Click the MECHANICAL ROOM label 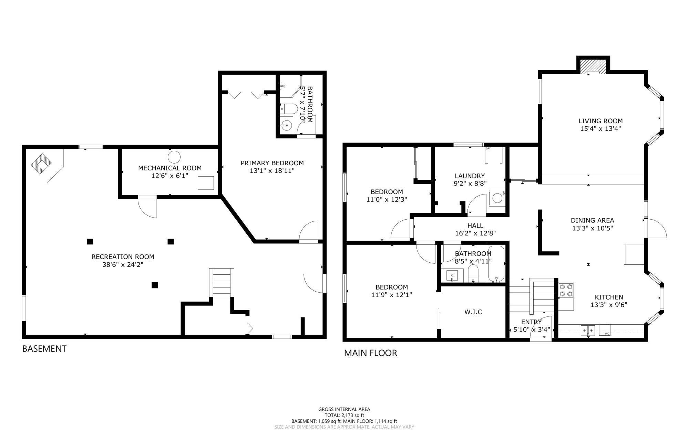coord(170,168)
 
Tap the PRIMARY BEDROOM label coord(272,163)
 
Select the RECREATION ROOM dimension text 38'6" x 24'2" coord(123,264)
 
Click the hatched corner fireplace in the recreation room coord(41,163)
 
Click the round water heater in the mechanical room coord(174,157)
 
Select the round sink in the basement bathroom coord(286,126)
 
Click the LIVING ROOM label coord(600,121)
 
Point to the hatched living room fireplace coord(593,66)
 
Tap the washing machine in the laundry coord(497,198)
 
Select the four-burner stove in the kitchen coord(566,290)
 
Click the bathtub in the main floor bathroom coord(496,264)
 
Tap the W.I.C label coord(473,312)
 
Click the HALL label coord(475,226)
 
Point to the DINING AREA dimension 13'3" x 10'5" coord(593,228)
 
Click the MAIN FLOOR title coord(371,353)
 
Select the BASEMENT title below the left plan coord(44,349)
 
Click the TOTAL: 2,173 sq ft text coord(344,415)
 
